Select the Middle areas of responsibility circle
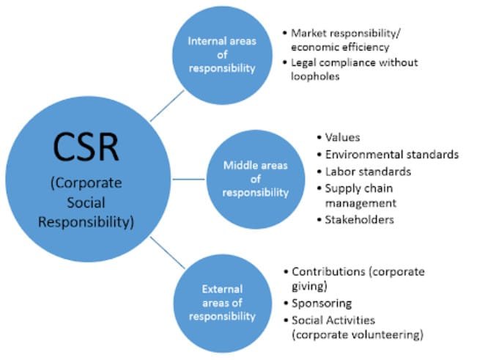(x=256, y=179)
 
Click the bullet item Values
(x=342, y=137)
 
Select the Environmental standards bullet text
(x=392, y=154)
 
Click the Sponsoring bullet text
(x=322, y=303)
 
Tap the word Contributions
(x=326, y=271)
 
